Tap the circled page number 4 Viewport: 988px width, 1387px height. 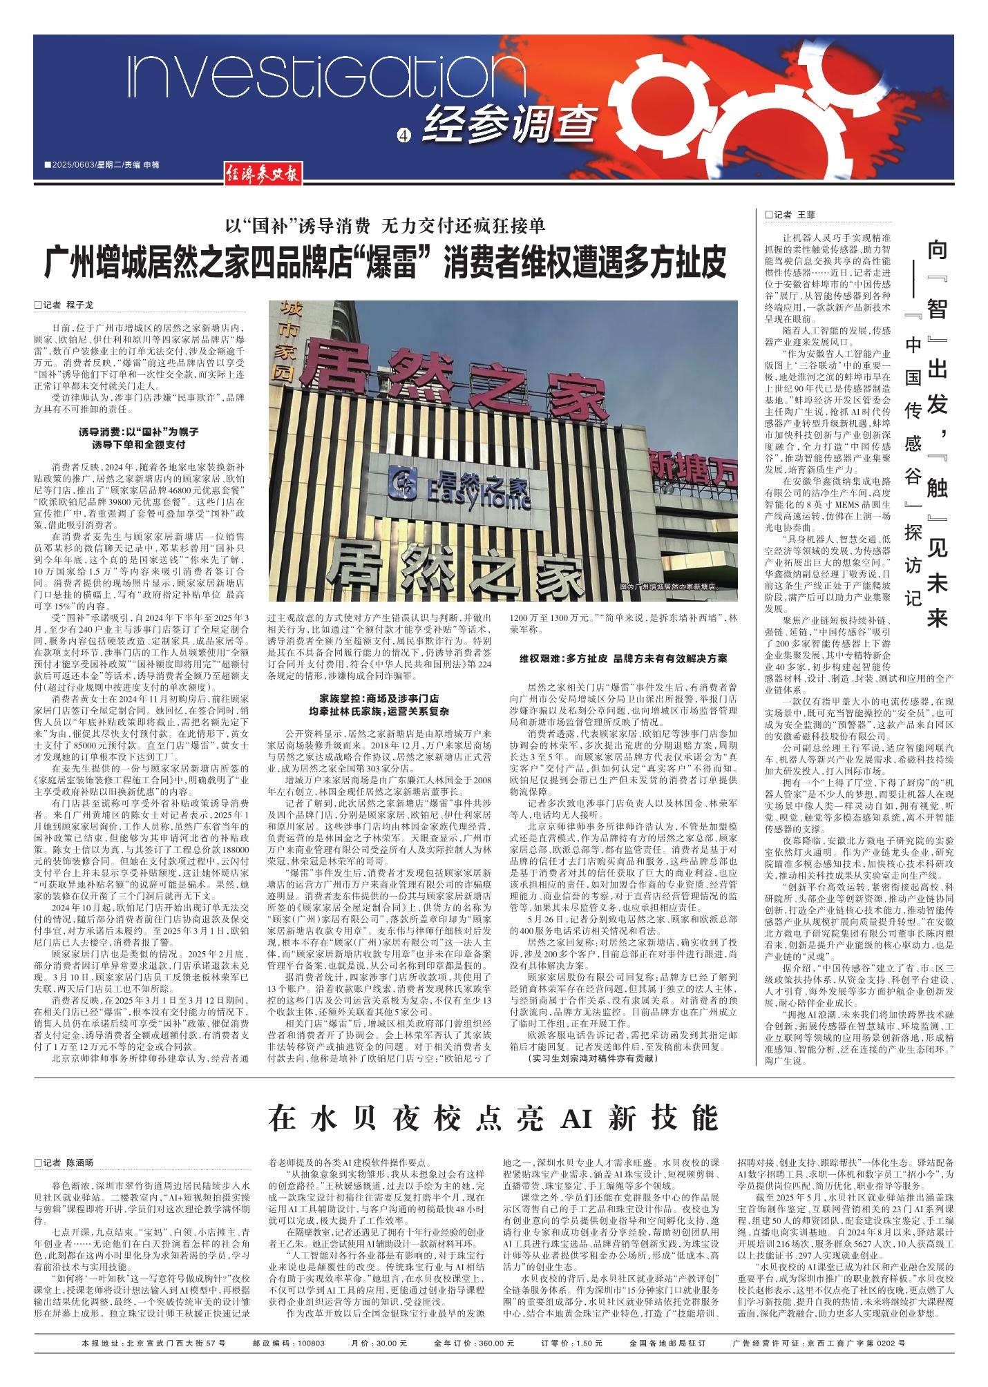[x=404, y=136]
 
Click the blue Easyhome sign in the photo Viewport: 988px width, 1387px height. [x=460, y=487]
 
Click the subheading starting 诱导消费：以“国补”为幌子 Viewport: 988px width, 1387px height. [x=139, y=437]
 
